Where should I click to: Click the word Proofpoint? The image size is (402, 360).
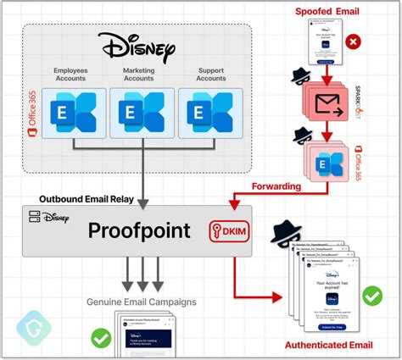point(138,230)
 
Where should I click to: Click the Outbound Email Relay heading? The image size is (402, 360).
point(84,199)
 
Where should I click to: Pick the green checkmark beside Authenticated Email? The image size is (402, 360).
point(371,296)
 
